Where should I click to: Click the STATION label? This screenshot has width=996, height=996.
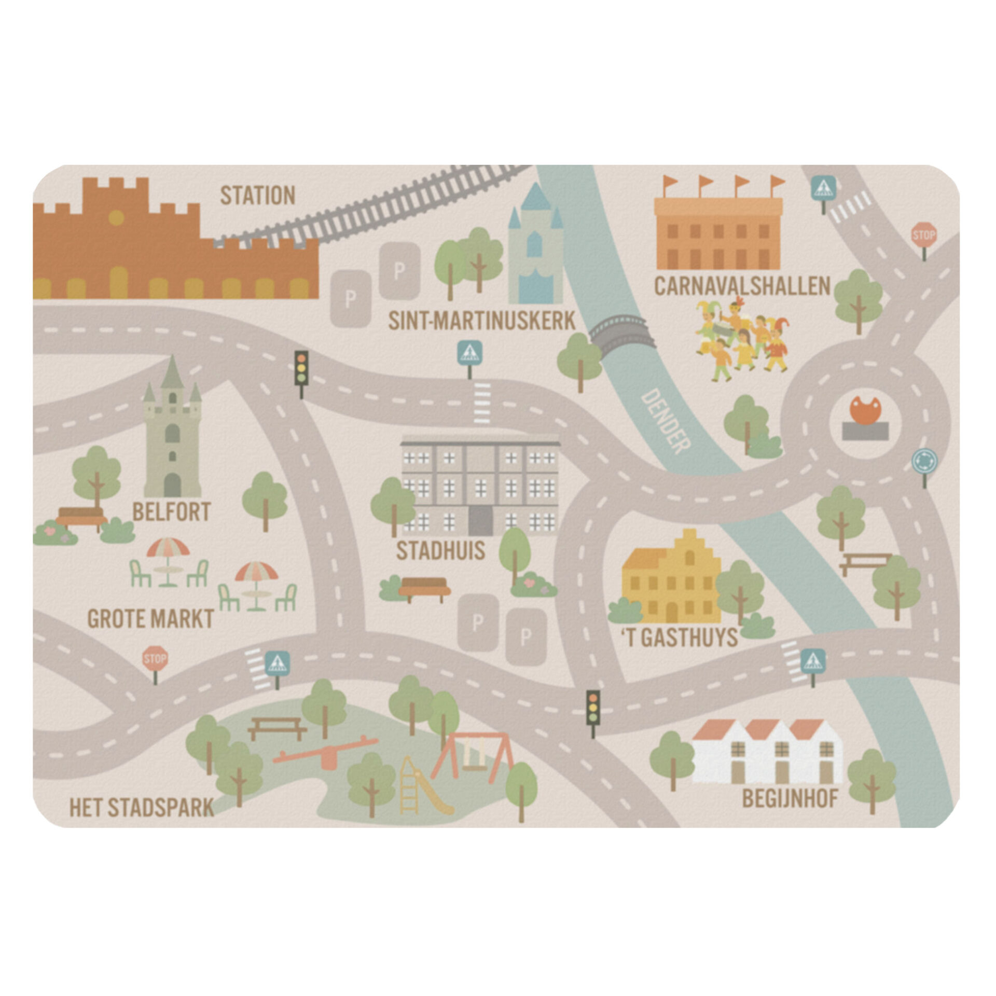point(257,196)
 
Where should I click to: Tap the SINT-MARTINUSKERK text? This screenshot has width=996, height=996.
point(482,321)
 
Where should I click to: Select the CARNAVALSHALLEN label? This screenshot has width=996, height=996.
point(742,286)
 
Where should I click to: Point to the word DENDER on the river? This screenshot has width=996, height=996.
point(666,421)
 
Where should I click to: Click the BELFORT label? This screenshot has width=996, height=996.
point(171,512)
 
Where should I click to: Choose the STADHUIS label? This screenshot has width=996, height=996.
point(440,551)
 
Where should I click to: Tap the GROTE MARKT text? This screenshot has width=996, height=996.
point(150,619)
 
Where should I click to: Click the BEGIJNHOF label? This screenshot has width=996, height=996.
point(790,799)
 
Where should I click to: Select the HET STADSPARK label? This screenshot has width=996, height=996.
point(142,808)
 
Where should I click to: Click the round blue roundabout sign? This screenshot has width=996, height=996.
point(924,460)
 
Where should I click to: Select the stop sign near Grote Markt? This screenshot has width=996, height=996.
point(155,659)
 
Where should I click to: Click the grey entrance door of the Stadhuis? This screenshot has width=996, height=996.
point(480,520)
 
